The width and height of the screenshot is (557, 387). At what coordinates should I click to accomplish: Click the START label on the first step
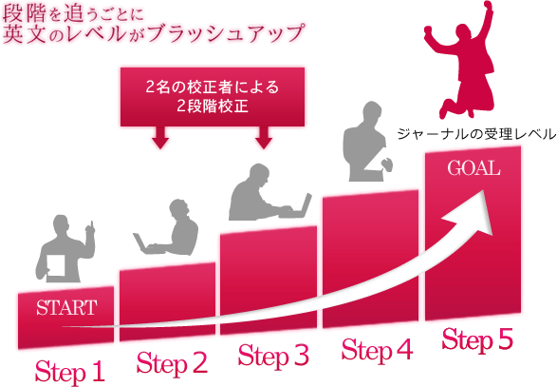coord(66,308)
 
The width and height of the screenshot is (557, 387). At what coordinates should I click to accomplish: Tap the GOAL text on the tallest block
coord(473,168)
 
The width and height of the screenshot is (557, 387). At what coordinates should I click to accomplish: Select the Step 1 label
coord(69,372)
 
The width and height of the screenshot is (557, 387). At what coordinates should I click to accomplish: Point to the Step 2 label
coord(172,363)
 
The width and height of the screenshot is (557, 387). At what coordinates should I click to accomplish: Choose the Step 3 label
coord(273,356)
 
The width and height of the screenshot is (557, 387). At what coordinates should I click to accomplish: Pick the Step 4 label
coord(377,350)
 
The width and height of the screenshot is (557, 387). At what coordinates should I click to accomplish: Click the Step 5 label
coord(478,339)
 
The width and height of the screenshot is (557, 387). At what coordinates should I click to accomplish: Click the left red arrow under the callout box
coord(160,138)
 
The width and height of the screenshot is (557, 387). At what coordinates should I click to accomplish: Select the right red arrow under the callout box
coord(264,138)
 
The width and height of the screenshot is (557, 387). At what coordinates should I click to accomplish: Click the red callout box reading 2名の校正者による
coord(213,97)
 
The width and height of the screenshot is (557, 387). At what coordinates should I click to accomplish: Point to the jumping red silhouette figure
coord(459,60)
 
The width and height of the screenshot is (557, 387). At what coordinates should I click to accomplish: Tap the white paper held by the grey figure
coord(56,265)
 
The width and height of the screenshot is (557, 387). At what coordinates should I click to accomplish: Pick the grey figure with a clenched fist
coord(366,142)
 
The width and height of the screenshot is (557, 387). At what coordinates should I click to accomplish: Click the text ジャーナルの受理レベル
coord(476,134)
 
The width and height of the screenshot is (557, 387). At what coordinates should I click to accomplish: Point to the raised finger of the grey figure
coord(91,225)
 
